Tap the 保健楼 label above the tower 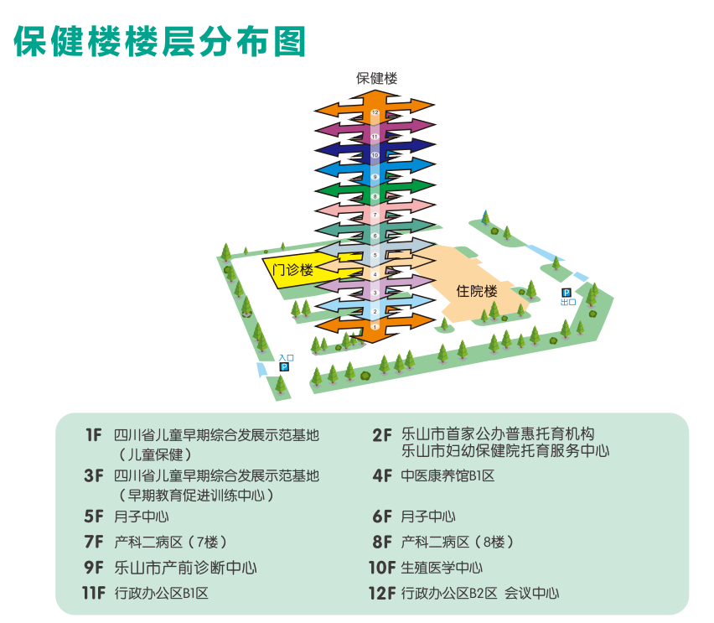coord(376,78)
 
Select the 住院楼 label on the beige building coord(477,292)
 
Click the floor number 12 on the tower coord(375,112)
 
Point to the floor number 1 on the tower coord(375,326)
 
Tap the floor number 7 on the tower coord(375,215)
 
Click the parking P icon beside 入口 coord(284,367)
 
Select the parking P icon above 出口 coord(567,293)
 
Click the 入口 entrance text coord(286,358)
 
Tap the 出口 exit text coord(567,303)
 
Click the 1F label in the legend coord(93,435)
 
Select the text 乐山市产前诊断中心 coord(185,568)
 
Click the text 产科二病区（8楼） coord(458,542)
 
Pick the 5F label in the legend coord(93,517)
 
